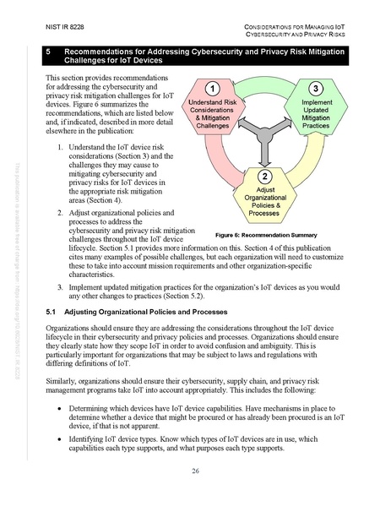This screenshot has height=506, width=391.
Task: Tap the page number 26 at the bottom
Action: click(x=195, y=471)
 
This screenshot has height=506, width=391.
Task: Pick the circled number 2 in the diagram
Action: click(x=264, y=177)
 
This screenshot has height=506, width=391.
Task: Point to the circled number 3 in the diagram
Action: click(x=315, y=89)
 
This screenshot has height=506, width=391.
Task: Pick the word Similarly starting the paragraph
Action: click(x=58, y=381)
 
